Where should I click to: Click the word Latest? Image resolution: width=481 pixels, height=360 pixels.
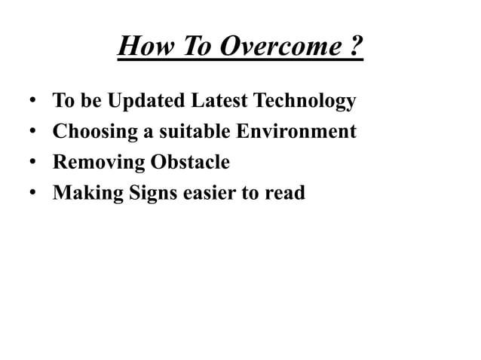[219, 101]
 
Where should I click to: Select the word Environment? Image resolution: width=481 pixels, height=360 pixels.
[296, 132]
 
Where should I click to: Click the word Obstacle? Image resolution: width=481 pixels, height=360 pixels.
[190, 163]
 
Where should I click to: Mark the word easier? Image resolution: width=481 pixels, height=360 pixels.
[210, 194]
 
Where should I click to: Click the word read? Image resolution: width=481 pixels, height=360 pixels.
[286, 194]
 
